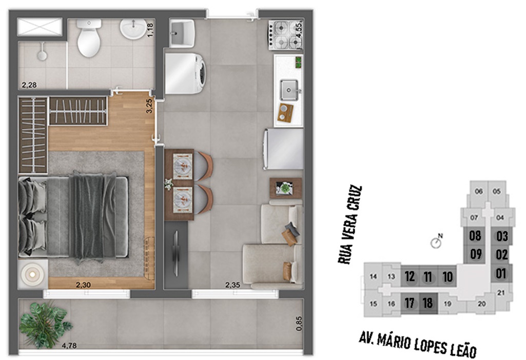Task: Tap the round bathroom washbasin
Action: [133, 29]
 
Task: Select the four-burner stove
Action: [285, 35]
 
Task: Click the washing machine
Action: [185, 73]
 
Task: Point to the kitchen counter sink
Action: [289, 90]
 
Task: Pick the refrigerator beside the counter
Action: [283, 149]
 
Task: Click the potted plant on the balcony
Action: [45, 324]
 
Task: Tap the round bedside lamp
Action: [32, 274]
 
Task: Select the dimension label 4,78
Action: [69, 346]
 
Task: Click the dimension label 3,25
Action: [149, 106]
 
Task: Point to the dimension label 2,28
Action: [29, 85]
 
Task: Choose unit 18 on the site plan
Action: [427, 304]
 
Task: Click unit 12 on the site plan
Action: [410, 276]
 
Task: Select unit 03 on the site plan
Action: [502, 236]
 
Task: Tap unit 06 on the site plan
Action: [479, 191]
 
